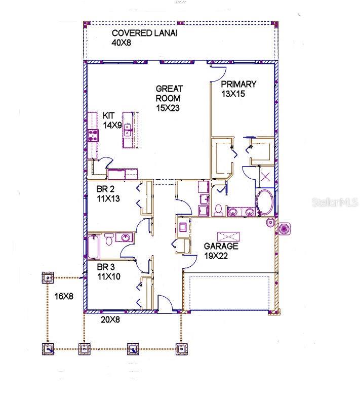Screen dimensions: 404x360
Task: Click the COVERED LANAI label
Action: click(x=145, y=33)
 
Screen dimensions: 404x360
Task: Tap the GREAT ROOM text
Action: click(x=168, y=93)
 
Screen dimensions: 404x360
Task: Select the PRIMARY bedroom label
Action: click(x=238, y=84)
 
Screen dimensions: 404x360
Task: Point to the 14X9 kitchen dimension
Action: click(x=112, y=125)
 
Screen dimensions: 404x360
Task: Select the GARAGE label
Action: click(x=221, y=247)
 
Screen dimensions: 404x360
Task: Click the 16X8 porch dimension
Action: click(x=64, y=296)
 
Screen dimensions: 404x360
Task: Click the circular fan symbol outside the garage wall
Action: click(x=285, y=228)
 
